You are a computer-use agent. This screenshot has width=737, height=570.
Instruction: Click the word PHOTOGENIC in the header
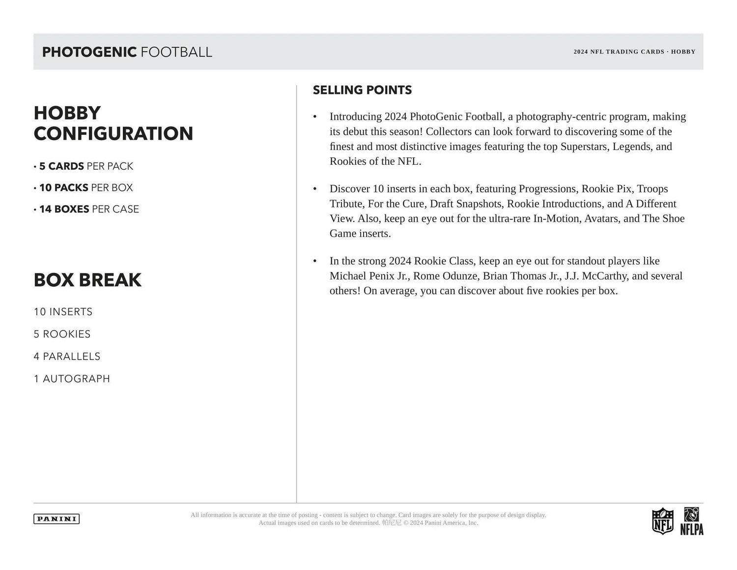point(89,52)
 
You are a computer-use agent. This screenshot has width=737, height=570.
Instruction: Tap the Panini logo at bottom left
point(57,519)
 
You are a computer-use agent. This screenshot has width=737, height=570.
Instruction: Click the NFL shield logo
point(662,521)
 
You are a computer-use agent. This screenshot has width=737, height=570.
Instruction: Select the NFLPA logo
point(692,521)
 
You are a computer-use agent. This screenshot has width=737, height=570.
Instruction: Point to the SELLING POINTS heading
point(362,90)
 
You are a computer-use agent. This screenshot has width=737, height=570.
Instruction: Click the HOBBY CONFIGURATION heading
point(113,123)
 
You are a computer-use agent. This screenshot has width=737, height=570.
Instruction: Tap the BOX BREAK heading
point(87,280)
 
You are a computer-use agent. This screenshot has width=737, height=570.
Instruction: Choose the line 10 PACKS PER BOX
point(85,188)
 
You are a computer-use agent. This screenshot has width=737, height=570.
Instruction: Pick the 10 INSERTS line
point(63,312)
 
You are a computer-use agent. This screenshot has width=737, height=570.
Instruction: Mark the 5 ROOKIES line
point(62,334)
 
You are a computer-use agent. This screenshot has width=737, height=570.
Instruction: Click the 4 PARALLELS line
point(67,357)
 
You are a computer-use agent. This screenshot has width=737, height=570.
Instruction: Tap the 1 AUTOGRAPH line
point(72,379)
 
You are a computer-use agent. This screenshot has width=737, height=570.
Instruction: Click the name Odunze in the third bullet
point(459,276)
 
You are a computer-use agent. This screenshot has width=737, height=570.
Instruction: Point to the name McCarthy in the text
point(604,276)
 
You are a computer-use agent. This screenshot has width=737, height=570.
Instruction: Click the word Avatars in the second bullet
point(601,218)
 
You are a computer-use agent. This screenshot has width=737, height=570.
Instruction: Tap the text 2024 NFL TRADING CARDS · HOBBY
point(634,52)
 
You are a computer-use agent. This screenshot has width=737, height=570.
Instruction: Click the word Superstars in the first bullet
point(584,147)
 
